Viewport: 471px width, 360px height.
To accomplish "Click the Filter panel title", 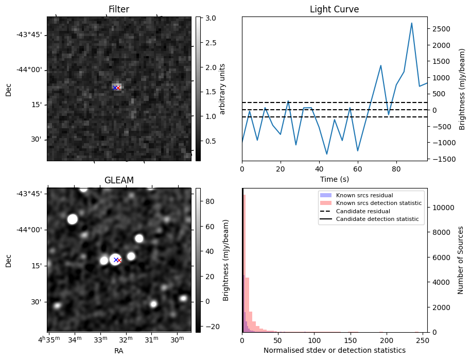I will tap(118, 9).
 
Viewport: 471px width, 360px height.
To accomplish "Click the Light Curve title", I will tap(334, 9).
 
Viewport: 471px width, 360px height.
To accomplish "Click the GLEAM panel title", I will tap(118, 180).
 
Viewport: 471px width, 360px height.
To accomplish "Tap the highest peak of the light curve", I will tap(411, 23).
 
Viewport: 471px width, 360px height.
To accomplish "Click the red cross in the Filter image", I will tap(118, 88).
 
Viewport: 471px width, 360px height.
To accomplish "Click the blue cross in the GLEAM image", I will tap(116, 260).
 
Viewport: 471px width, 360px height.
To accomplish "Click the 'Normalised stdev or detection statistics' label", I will tap(334, 350).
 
